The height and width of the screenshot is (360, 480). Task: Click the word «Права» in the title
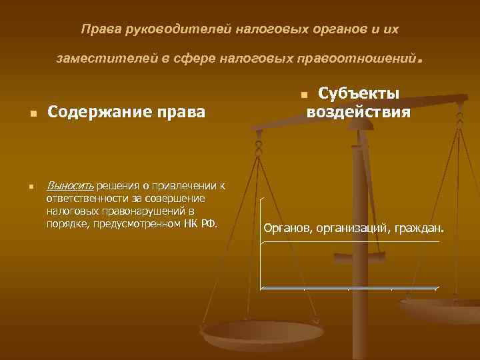click(96, 30)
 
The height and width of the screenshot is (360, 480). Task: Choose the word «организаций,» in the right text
click(354, 229)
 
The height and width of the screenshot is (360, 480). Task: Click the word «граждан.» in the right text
click(418, 229)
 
